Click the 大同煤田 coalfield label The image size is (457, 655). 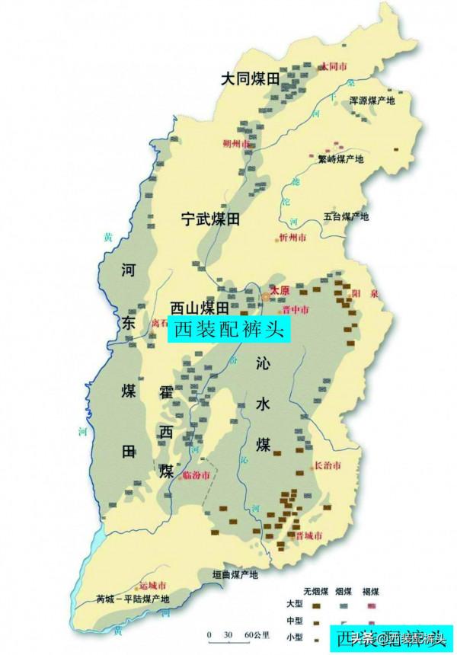pos(251,78)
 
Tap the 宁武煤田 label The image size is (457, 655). pos(210,219)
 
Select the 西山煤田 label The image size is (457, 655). pos(200,308)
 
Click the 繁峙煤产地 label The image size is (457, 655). pos(343,159)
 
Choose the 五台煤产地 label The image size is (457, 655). pos(346,216)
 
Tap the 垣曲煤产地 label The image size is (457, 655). pos(235,574)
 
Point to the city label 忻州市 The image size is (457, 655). pos(293,238)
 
